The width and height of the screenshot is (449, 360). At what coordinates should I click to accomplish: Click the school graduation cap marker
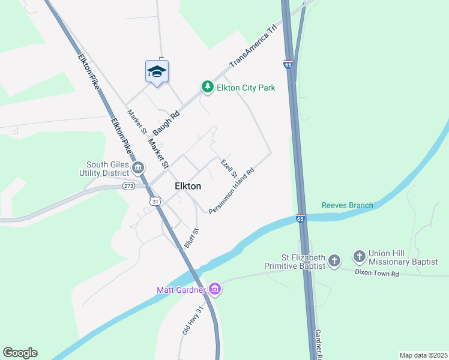tap(157, 71)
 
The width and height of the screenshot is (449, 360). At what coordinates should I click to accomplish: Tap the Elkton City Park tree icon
tap(207, 88)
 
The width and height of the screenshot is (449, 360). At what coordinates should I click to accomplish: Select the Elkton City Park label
tap(246, 88)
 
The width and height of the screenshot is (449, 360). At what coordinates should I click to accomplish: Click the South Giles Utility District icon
tap(139, 167)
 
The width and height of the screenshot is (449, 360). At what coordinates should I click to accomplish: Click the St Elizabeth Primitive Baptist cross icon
tap(334, 261)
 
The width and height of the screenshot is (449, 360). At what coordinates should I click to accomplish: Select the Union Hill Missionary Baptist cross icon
tap(359, 257)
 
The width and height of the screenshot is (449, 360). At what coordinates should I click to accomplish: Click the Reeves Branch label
tap(347, 205)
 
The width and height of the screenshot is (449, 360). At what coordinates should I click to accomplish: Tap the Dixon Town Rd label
tap(376, 274)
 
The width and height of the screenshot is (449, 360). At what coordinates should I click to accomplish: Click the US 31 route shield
tap(155, 201)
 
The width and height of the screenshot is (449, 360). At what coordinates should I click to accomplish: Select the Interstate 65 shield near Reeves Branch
tap(301, 218)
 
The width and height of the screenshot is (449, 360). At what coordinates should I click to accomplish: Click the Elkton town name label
tap(188, 186)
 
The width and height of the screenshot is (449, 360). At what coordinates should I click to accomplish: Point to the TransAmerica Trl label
tap(254, 46)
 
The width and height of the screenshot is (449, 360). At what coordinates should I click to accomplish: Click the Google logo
tap(20, 353)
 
